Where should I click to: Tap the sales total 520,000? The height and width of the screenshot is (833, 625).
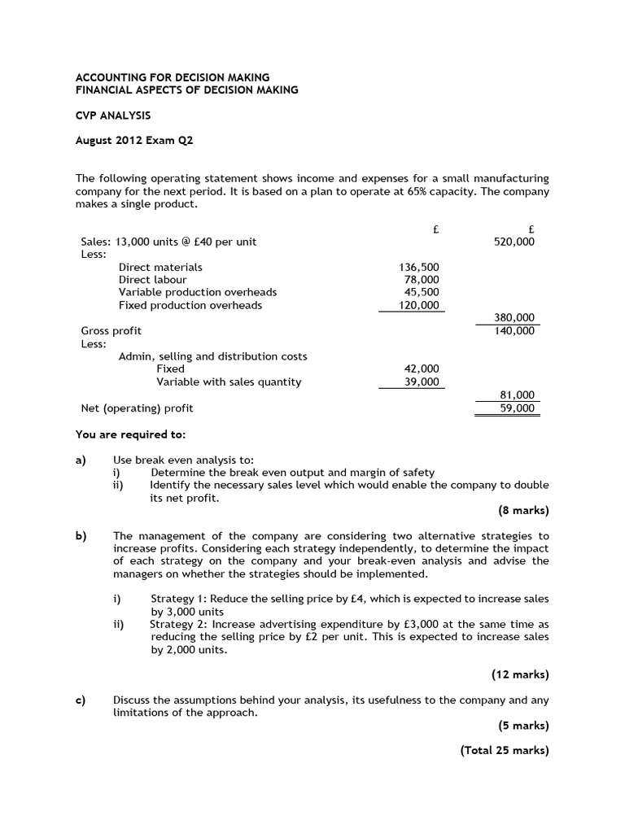click(x=514, y=242)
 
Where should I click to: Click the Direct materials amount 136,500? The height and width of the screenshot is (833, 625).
click(x=419, y=267)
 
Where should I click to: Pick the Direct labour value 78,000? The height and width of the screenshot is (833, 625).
click(x=422, y=280)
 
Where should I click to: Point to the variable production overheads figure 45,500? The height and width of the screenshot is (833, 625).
click(x=422, y=292)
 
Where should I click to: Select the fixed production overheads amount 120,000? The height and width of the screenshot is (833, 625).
click(x=419, y=305)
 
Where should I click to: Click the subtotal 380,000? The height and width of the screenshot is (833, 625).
click(x=514, y=318)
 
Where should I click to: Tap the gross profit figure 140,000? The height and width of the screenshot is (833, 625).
click(x=514, y=331)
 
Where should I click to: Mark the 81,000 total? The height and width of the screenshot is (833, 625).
click(x=517, y=395)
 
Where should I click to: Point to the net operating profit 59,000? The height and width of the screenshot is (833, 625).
click(x=517, y=408)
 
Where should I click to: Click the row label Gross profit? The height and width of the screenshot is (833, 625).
click(x=111, y=331)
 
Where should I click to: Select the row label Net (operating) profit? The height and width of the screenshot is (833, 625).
click(x=137, y=408)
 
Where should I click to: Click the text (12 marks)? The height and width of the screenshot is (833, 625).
click(x=520, y=674)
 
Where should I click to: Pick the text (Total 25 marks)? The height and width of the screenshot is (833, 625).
click(x=505, y=751)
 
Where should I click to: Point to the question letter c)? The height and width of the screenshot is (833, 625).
click(x=81, y=700)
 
